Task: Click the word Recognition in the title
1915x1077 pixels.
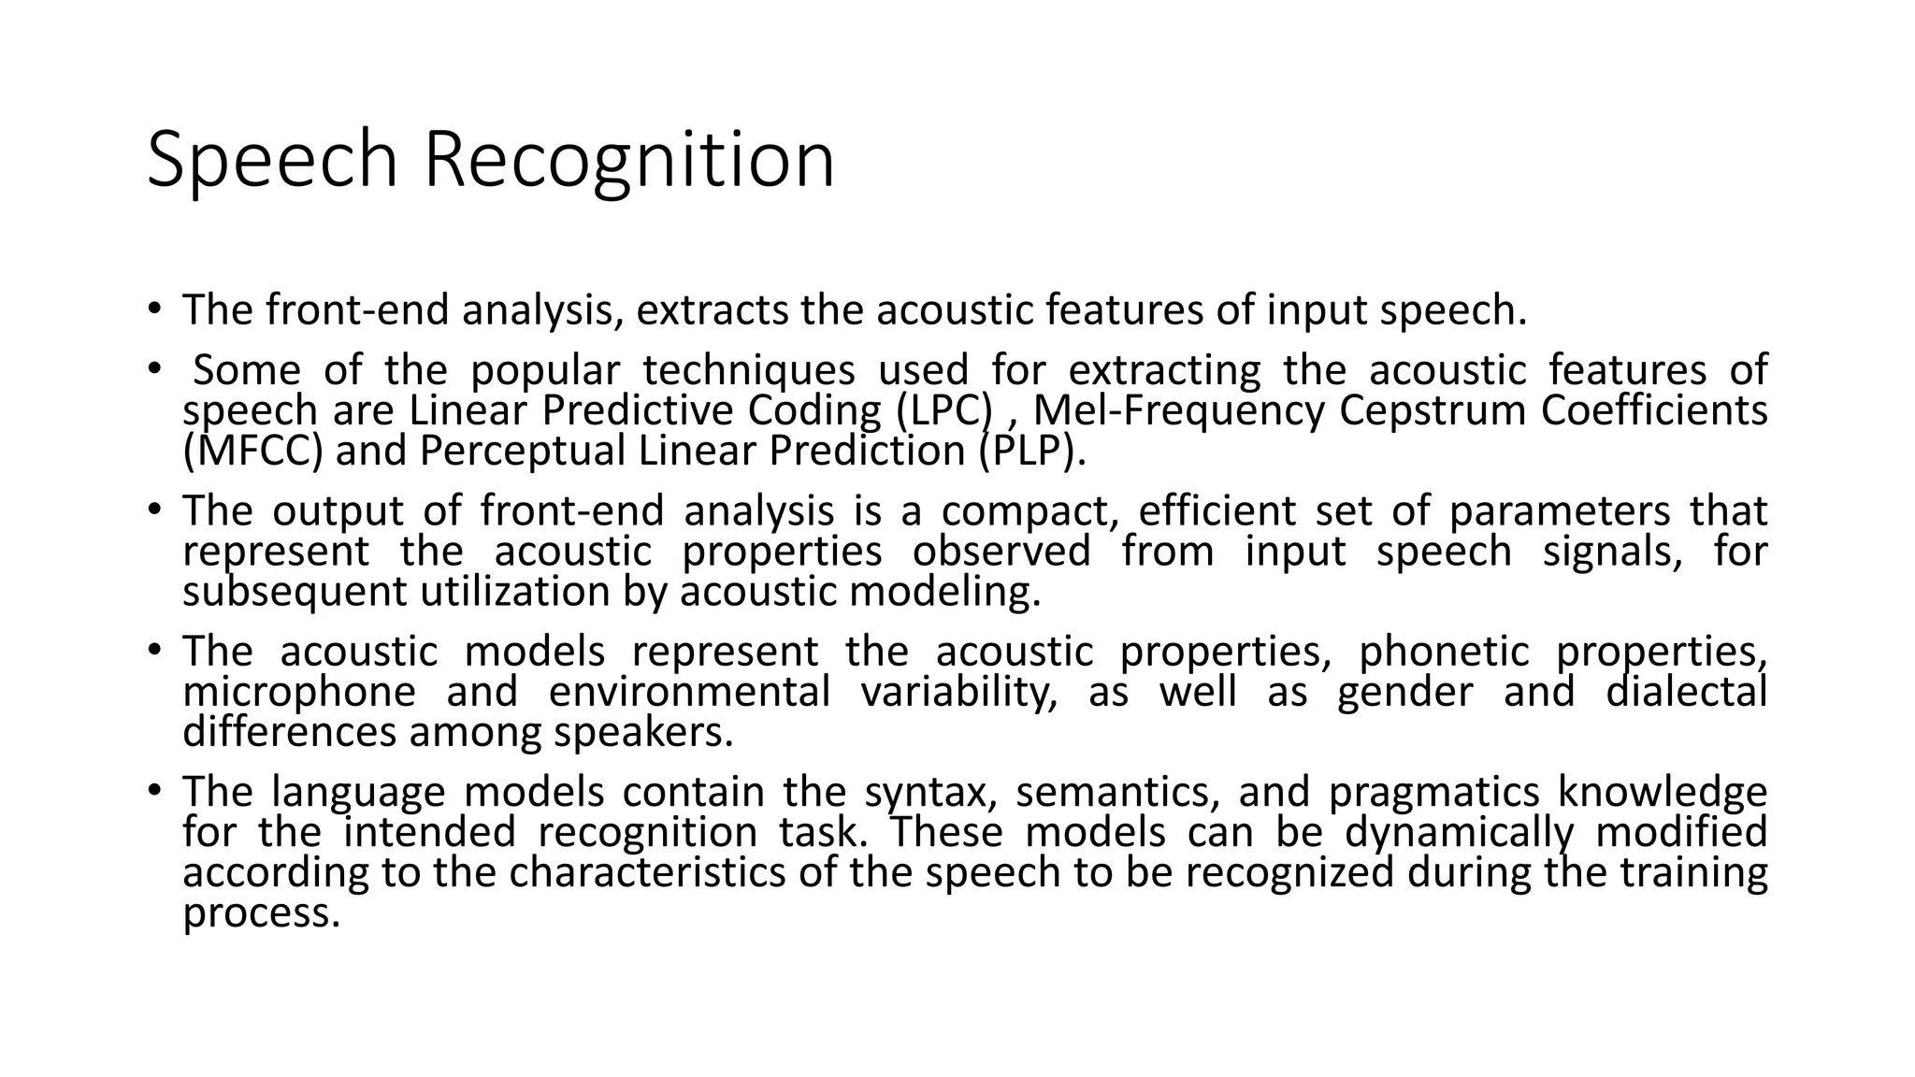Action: pyautogui.click(x=629, y=161)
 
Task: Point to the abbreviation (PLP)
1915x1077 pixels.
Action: pyautogui.click(x=1033, y=451)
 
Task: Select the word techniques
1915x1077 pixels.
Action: pyautogui.click(x=748, y=370)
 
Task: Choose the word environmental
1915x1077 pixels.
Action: pyautogui.click(x=689, y=693)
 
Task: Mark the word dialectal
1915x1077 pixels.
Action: pyautogui.click(x=1686, y=693)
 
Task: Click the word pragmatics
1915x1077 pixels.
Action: pyautogui.click(x=1433, y=793)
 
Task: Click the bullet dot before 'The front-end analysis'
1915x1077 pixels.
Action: pyautogui.click(x=153, y=309)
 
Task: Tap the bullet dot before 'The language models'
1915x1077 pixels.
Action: pyautogui.click(x=153, y=791)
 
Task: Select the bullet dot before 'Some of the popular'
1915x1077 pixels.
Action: pyautogui.click(x=153, y=368)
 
